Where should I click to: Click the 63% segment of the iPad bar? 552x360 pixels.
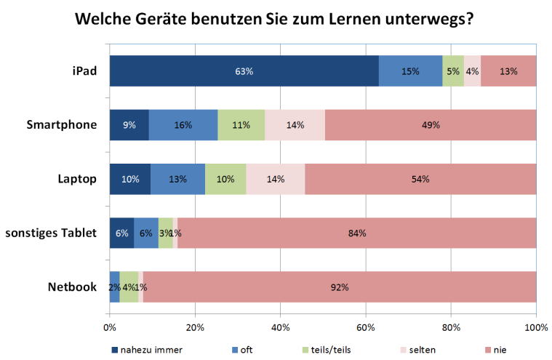click(x=244, y=71)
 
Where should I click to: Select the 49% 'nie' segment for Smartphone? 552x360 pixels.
click(x=431, y=125)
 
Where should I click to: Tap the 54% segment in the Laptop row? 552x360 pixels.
click(x=420, y=179)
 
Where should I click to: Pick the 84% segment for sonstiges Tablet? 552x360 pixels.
click(x=356, y=233)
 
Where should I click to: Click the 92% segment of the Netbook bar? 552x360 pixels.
click(x=340, y=287)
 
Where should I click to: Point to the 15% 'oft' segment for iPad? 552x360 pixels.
click(x=410, y=71)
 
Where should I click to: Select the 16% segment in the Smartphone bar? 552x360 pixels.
click(x=183, y=125)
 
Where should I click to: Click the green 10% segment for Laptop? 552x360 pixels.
click(x=225, y=179)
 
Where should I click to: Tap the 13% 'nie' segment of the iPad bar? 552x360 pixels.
click(x=508, y=71)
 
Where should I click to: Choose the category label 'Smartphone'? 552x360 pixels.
click(x=62, y=124)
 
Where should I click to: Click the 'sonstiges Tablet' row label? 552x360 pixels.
click(x=51, y=233)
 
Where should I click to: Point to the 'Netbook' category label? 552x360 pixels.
click(x=73, y=287)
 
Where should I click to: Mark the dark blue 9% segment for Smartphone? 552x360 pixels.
click(x=129, y=125)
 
